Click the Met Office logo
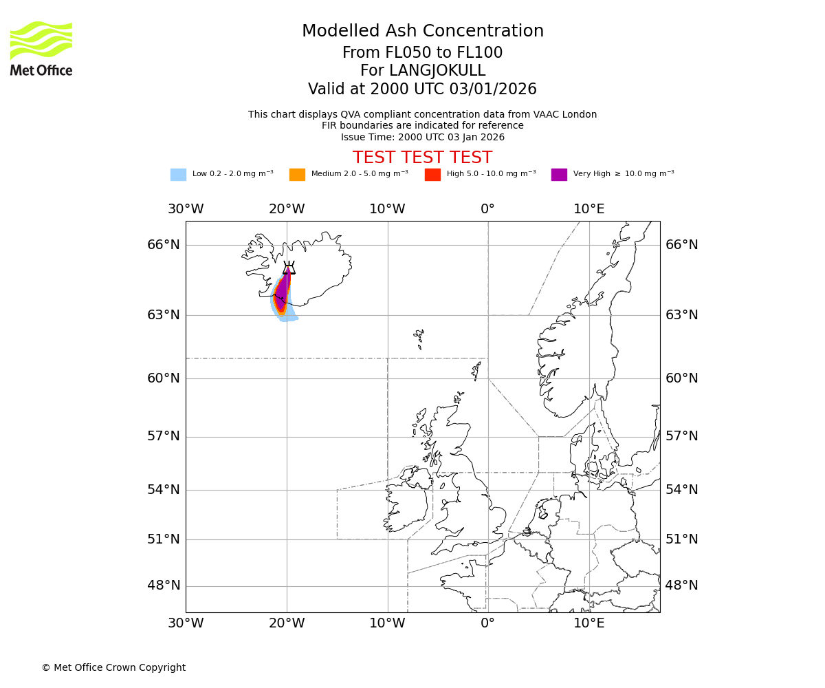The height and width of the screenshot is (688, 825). [x=41, y=48]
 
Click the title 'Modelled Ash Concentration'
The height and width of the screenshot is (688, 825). [x=422, y=31]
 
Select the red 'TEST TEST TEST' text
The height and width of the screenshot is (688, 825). [x=422, y=158]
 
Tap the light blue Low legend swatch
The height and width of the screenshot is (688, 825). [x=178, y=174]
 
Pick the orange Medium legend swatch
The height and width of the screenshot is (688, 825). [x=297, y=174]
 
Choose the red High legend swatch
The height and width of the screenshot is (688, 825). [x=432, y=174]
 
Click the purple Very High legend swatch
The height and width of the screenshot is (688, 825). [x=559, y=174]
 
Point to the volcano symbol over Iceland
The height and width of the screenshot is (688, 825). [x=289, y=268]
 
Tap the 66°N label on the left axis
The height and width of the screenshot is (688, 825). [x=164, y=245]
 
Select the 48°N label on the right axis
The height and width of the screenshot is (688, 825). [x=681, y=585]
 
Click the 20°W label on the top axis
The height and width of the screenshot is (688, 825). [x=287, y=209]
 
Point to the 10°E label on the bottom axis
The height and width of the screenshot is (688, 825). [x=589, y=624]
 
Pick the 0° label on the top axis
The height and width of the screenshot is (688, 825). [x=487, y=209]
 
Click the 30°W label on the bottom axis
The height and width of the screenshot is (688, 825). [x=186, y=624]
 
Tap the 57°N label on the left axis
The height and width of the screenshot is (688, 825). [x=164, y=436]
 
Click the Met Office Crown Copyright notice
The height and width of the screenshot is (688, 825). [x=113, y=667]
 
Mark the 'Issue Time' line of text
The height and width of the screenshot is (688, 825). [x=422, y=137]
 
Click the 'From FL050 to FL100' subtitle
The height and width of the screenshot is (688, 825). [x=422, y=53]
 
